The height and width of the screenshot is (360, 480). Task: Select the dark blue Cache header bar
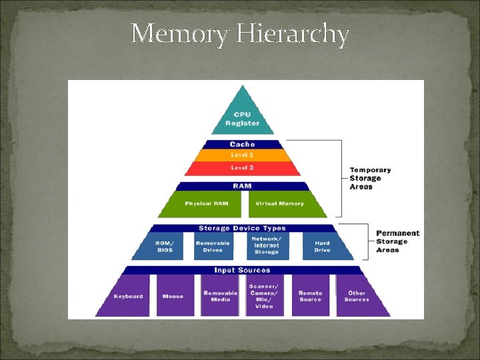coord(242,144)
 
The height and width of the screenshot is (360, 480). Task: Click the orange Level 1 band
coord(242,155)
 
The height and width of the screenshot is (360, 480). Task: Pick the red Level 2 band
coord(242,167)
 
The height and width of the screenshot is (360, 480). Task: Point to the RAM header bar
coord(242,187)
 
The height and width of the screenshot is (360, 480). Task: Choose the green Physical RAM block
coord(207,204)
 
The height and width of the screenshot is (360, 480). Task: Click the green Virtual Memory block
coord(280,204)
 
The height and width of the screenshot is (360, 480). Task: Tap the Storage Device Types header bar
coord(242,228)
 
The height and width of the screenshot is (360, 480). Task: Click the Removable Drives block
coord(213,246)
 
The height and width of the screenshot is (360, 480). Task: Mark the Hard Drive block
coord(322,246)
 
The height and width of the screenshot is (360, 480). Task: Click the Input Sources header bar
coord(242,270)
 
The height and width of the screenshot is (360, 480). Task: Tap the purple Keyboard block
coord(127,296)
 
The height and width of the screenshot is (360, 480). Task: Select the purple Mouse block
coord(173,296)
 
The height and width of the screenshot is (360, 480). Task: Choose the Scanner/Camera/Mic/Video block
coord(265,296)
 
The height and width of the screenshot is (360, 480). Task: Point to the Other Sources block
coord(357,296)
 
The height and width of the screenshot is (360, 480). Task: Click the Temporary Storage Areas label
coord(370,178)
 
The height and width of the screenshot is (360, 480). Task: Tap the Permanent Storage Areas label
coord(397,241)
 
